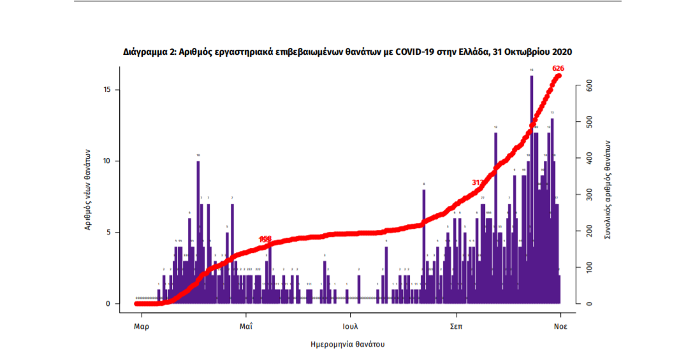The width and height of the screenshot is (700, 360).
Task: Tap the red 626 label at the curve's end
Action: tap(558, 68)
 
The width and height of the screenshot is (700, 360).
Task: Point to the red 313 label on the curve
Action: tap(478, 182)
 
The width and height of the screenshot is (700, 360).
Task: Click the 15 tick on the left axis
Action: tap(108, 90)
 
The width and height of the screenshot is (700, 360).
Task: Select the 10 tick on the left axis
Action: tap(108, 161)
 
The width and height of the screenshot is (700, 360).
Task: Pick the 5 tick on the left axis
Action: tap(110, 233)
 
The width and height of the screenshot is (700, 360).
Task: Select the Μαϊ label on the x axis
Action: tap(245, 325)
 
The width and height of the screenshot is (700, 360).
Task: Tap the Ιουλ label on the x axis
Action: tap(349, 325)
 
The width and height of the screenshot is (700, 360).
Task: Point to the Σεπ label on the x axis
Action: tap(455, 325)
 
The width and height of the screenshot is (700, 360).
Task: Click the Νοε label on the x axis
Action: tap(560, 325)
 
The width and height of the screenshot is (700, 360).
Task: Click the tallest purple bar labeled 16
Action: tap(531, 191)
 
